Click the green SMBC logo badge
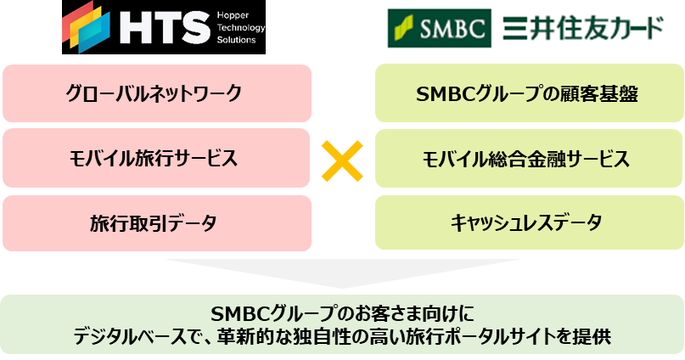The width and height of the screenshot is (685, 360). [x=438, y=28]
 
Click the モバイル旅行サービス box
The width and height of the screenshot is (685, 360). [x=154, y=158]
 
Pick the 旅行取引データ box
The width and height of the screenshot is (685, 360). [x=154, y=223]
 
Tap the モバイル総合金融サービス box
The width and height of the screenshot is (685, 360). [x=527, y=158]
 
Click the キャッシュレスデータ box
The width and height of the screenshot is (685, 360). [x=527, y=223]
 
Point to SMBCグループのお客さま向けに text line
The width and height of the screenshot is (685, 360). [x=342, y=312]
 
